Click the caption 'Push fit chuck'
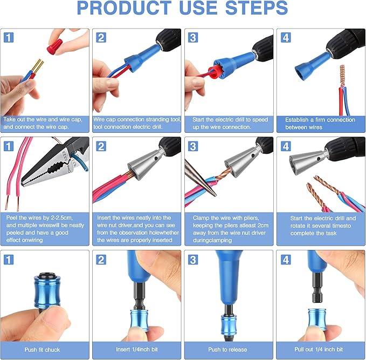(x=43, y=349)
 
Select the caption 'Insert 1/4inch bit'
(x=136, y=349)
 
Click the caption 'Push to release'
(x=229, y=349)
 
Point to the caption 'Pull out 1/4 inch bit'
(x=321, y=349)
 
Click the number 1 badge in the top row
(x=9, y=37)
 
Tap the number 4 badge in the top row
(x=286, y=37)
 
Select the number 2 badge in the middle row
(x=101, y=146)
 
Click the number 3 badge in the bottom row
(x=194, y=260)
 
